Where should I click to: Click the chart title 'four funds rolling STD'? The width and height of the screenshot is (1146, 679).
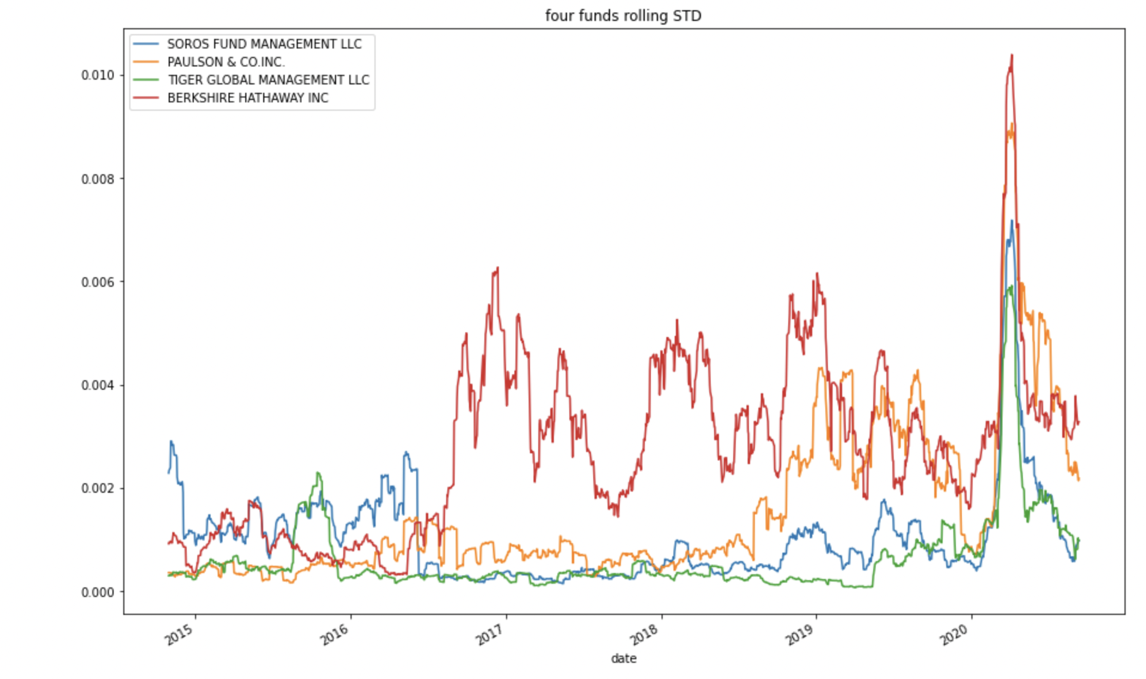(x=623, y=16)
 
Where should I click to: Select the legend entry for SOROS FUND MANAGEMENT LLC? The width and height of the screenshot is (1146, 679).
(x=264, y=44)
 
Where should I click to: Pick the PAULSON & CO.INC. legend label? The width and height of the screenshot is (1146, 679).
(x=225, y=62)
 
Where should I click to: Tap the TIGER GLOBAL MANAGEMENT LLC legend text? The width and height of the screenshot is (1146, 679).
(x=268, y=80)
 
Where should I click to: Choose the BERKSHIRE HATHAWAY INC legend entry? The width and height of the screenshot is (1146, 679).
(x=248, y=98)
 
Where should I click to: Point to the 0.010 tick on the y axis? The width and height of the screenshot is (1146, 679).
(x=97, y=75)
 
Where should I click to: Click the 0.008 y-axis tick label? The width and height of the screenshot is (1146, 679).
(x=97, y=179)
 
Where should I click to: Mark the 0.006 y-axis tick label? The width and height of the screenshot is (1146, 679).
(x=97, y=282)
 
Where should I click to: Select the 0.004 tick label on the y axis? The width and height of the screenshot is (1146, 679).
(x=97, y=385)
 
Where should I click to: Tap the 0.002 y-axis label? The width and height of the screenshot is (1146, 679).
(x=97, y=489)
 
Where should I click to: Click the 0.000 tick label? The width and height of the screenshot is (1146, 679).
(x=97, y=592)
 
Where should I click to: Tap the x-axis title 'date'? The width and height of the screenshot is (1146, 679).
(x=623, y=659)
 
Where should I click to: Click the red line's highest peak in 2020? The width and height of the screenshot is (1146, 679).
(x=1011, y=56)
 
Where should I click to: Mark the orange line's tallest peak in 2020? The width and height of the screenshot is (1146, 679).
(x=1011, y=124)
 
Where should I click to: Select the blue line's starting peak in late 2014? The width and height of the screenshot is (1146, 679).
(x=171, y=442)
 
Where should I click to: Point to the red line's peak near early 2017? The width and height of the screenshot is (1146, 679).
(x=497, y=268)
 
